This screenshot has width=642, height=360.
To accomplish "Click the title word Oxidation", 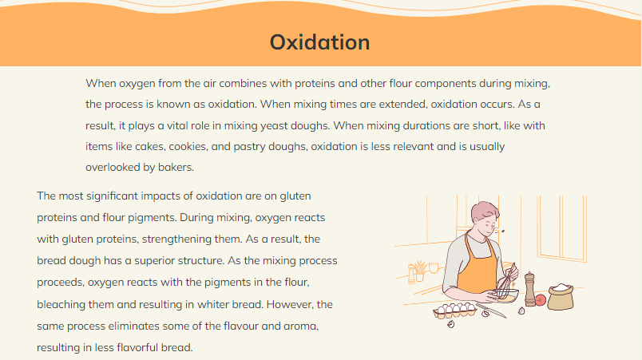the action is point(319,42).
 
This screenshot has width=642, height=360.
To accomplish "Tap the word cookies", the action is point(188,146).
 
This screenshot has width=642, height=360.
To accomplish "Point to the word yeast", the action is point(274,125).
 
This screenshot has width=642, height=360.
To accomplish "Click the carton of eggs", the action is point(455,311).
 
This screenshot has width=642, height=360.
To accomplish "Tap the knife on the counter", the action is point(491,310).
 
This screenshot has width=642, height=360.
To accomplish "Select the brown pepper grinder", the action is point(530,289).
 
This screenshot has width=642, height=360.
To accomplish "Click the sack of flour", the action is point(561,297).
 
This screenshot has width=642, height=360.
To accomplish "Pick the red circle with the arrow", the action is point(541,300).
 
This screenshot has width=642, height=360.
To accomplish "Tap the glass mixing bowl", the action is point(505,295).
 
